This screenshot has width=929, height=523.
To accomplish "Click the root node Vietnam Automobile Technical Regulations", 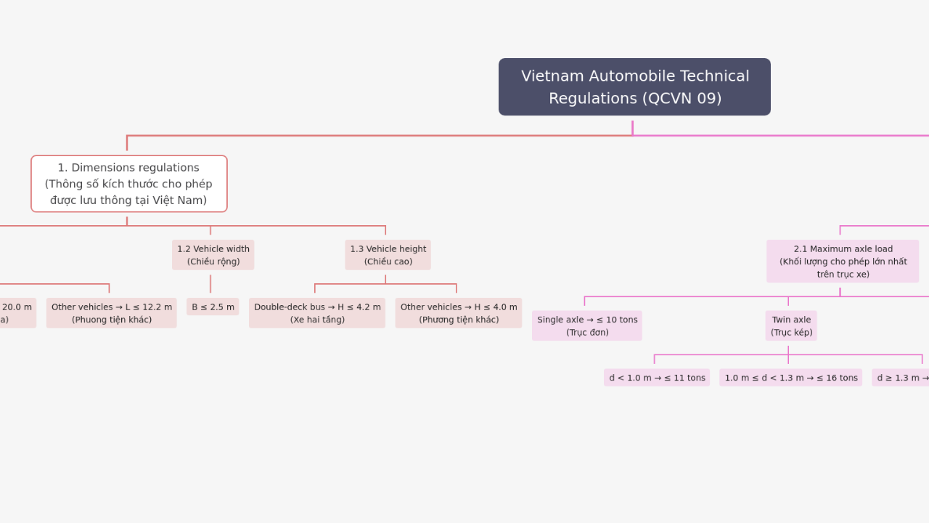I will [634, 86].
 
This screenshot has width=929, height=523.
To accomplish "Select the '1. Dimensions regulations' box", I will [128, 184].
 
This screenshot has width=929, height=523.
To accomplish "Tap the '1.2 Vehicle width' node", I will [213, 255].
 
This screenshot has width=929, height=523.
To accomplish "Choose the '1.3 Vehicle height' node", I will [388, 255].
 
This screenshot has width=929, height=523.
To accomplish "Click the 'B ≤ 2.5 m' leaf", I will [213, 307].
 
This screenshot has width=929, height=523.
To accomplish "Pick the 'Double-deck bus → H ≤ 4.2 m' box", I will [317, 313].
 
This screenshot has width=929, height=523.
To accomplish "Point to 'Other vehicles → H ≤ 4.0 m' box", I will [459, 313].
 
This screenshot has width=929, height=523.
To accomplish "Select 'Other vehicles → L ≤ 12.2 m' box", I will [112, 313].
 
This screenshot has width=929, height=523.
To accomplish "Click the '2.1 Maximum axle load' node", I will [843, 261].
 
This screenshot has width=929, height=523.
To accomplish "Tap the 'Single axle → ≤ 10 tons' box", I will [587, 326].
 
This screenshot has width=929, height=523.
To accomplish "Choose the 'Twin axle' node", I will [791, 326].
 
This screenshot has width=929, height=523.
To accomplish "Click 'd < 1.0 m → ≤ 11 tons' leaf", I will [657, 378].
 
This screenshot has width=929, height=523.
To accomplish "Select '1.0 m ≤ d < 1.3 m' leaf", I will [791, 378].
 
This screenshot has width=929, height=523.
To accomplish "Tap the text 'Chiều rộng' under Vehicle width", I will [213, 261].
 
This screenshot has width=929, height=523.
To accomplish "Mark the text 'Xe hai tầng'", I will [317, 320].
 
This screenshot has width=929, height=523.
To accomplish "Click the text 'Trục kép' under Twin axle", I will [791, 333].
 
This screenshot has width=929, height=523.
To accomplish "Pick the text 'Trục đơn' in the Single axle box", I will [587, 333].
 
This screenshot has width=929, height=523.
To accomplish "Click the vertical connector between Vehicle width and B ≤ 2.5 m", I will [210, 284].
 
